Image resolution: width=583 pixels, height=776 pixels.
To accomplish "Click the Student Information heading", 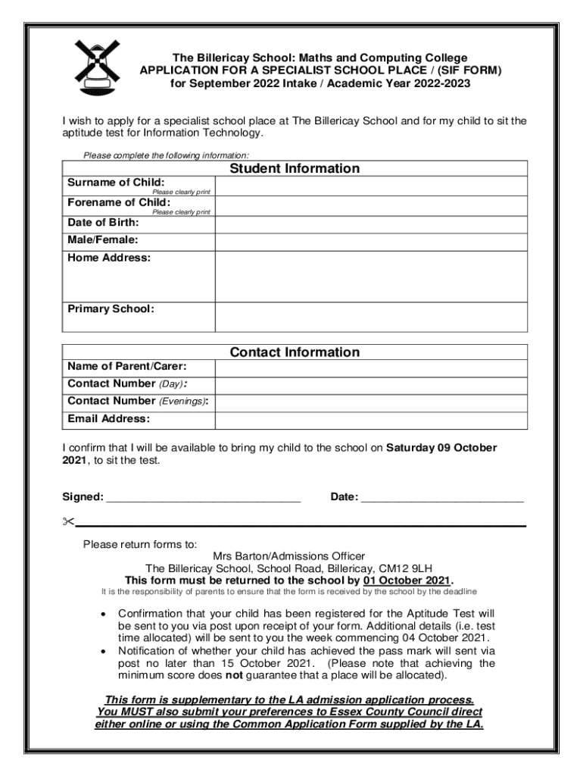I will [295, 168].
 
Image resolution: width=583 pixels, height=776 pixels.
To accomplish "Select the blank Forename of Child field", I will [371, 206].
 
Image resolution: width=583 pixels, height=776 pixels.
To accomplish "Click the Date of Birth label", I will [103, 223].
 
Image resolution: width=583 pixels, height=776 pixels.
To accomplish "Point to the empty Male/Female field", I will [371, 241].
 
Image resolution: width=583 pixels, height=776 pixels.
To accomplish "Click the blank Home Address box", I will [371, 277].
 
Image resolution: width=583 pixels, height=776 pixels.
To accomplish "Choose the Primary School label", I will [111, 309].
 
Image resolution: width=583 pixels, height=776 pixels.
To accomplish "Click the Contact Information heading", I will [295, 352].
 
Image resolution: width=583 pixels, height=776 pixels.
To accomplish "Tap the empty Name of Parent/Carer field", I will [371, 368].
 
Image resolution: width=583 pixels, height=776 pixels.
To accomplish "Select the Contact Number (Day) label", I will [127, 384].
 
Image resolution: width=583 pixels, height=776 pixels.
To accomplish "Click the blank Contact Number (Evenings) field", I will [371, 402].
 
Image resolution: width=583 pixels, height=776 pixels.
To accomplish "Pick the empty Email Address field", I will [371, 419].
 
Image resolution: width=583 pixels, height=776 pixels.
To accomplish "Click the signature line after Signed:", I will [203, 499].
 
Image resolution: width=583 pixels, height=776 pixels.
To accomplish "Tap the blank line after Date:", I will [442, 499].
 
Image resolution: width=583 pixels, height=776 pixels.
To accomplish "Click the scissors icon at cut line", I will [68, 521].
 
